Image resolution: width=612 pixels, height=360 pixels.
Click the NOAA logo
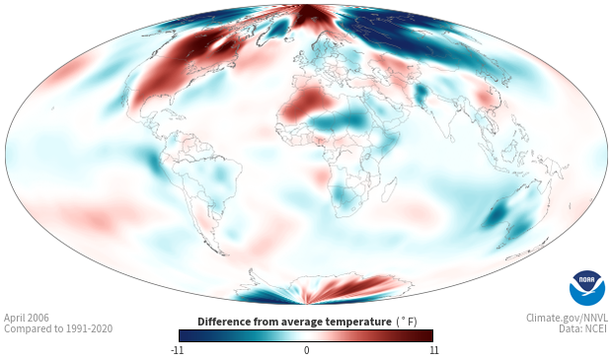click(x=586, y=288)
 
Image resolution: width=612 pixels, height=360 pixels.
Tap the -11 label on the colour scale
click(x=178, y=350)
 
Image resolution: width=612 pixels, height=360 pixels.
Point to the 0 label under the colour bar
click(x=306, y=350)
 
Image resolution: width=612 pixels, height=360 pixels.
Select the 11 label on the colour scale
click(x=433, y=350)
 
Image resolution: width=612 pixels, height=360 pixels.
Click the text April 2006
click(x=27, y=318)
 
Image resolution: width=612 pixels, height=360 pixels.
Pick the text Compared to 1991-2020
click(x=58, y=328)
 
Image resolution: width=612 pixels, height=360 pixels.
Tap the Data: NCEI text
click(x=583, y=328)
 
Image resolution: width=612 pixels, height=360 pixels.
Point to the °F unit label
click(x=407, y=322)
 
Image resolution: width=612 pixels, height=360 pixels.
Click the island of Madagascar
click(x=389, y=190)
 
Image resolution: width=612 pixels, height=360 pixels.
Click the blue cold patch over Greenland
click(x=280, y=28)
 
